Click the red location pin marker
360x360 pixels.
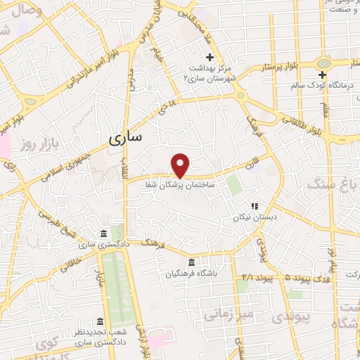coord(181,165)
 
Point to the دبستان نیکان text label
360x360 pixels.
coord(252,218)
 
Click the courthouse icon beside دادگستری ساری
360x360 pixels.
coord(103,233)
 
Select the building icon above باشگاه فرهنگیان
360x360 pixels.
coord(183,261)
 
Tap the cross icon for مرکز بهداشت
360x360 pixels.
coord(209,57)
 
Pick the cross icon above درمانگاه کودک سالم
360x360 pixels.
coord(322,75)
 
